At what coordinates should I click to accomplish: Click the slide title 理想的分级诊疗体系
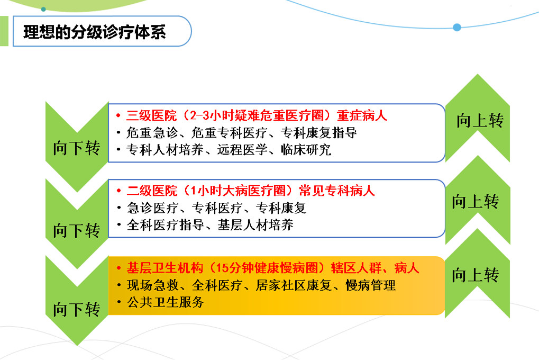95,32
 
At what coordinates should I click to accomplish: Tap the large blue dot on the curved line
457,27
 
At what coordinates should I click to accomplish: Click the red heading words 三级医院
152,115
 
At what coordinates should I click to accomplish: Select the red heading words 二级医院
152,191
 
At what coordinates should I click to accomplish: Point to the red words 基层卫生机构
165,268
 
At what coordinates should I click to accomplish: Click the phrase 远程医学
242,150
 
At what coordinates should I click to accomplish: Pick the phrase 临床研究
306,150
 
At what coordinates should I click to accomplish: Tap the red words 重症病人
362,115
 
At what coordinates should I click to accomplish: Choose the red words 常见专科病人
336,191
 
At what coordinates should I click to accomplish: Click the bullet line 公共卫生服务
166,302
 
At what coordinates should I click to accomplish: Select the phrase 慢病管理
371,285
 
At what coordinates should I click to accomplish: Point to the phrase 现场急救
153,285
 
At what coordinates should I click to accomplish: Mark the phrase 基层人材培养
255,225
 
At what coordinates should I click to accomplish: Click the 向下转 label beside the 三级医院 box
76,148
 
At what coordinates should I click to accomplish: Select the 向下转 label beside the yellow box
76,309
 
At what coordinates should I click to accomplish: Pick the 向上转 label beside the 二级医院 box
476,201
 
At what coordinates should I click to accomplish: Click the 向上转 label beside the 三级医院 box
480,121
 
